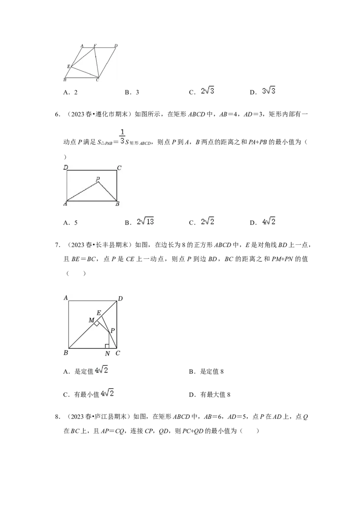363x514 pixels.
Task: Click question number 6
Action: pos(57,114)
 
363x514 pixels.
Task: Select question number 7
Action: pos(57,245)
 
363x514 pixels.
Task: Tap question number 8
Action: pos(57,417)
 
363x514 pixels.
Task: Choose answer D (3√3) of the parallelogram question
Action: pos(262,91)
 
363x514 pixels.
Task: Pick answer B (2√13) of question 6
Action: pos(139,222)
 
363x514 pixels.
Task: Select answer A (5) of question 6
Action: pos(70,223)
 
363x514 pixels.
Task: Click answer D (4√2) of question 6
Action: pos(262,222)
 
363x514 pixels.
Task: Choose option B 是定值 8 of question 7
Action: pos(206,371)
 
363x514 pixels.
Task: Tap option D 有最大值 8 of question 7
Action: pos(209,395)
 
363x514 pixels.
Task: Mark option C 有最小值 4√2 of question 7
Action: pos(88,393)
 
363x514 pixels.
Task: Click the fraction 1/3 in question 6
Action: pos(122,137)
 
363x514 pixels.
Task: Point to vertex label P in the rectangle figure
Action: pos(98,179)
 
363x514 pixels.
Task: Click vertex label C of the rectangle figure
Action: pos(119,168)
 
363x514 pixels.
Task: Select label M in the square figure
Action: pos(91,320)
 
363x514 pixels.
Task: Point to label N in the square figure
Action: pos(108,354)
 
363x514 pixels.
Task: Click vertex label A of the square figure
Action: pos(65,298)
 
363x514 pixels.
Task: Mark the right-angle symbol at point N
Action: pos(107,346)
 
